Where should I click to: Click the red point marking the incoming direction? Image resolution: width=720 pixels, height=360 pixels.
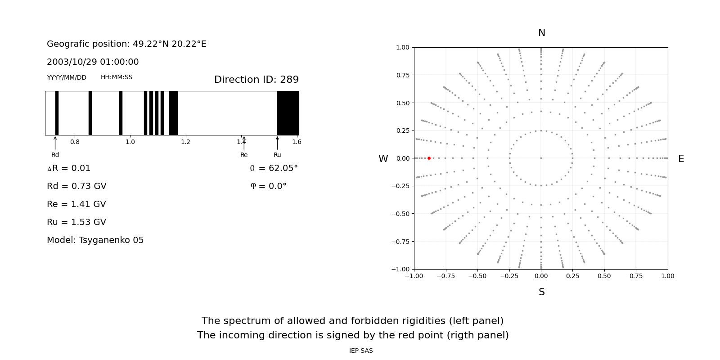pos(429,158)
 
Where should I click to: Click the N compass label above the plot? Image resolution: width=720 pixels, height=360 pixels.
pos(541,33)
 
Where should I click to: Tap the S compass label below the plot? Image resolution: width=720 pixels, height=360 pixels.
pos(541,292)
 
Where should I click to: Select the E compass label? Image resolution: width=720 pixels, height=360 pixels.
pos(681,159)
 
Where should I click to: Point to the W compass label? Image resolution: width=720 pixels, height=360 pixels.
pos(383,159)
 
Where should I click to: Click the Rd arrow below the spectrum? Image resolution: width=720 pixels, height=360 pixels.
pos(55,143)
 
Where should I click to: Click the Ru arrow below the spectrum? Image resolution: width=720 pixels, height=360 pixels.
pos(277,143)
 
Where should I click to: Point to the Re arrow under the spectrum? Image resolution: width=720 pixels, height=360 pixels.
pos(244,143)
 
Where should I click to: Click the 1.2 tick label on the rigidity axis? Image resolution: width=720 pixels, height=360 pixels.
pos(185,142)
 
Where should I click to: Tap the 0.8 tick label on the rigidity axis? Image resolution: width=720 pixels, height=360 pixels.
pos(75,142)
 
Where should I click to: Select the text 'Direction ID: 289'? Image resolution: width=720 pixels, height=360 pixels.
pos(256,80)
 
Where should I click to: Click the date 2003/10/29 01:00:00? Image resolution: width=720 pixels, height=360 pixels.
pos(93,62)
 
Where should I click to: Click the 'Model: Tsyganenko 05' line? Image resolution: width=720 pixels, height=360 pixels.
pos(95,240)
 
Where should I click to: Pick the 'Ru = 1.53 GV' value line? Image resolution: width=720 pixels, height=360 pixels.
pos(76,222)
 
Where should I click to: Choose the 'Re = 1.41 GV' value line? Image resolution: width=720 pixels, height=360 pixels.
pos(76,204)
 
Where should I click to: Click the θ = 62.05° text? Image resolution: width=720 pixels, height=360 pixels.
pos(274,168)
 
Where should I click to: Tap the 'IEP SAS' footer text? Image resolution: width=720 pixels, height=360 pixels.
pos(361,351)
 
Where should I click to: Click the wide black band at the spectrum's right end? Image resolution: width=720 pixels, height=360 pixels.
pos(288,113)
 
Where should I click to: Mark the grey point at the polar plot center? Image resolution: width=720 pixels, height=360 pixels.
pos(541,158)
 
